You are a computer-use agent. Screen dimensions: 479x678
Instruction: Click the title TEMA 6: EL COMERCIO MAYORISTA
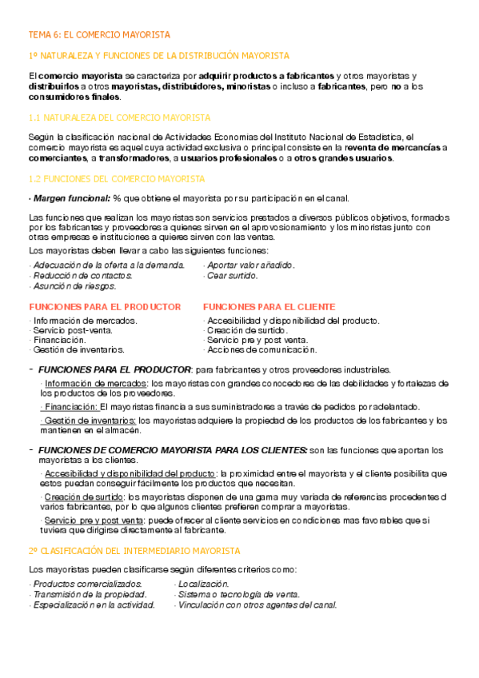(x=98, y=35)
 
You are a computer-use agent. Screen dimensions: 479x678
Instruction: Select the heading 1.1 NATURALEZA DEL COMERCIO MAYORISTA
(x=119, y=118)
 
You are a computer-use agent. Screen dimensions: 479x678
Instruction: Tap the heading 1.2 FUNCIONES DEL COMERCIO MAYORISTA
(x=117, y=178)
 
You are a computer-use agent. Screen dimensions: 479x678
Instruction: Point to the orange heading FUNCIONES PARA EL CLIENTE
(x=269, y=307)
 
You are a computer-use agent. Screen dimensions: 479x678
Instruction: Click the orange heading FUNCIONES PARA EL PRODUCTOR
(x=105, y=307)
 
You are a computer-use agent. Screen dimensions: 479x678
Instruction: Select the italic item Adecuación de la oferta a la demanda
(x=107, y=265)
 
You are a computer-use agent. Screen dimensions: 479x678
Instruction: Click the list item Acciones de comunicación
(x=261, y=349)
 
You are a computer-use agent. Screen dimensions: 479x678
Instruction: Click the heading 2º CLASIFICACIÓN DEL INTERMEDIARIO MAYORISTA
(x=134, y=551)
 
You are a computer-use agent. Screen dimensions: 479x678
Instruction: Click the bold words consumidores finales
(x=74, y=97)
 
